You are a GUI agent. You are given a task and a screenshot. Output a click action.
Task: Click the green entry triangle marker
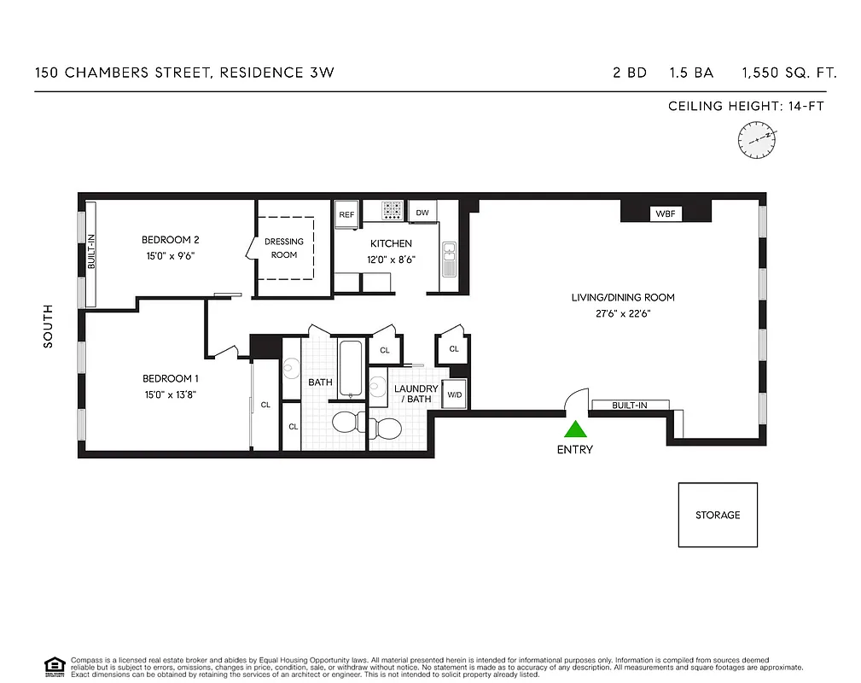click(576, 430)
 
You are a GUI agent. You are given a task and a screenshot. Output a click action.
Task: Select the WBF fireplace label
click(665, 213)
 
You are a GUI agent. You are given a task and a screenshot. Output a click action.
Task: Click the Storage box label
click(718, 515)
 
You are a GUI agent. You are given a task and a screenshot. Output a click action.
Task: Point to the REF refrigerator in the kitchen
click(346, 214)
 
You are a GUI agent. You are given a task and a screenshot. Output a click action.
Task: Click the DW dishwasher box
click(422, 213)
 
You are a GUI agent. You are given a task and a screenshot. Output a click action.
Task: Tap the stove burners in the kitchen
click(393, 211)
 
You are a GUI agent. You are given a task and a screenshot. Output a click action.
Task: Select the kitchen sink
click(449, 259)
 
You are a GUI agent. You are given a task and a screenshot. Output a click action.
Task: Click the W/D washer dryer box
click(455, 394)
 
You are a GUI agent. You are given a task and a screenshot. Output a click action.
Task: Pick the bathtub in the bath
click(352, 368)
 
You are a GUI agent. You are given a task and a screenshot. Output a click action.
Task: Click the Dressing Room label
click(284, 248)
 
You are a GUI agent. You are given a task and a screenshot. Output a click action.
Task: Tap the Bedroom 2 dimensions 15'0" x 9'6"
click(172, 255)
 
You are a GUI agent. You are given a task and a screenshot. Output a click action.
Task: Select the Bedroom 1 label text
click(171, 378)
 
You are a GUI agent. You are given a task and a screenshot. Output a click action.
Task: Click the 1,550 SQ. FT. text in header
click(789, 73)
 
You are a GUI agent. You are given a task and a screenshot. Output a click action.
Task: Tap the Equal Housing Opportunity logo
click(55, 666)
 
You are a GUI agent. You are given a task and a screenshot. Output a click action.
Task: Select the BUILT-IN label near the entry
click(630, 405)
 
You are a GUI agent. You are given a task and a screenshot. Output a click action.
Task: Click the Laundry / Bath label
click(416, 394)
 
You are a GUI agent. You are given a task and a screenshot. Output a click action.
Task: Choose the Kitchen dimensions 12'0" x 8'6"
click(391, 260)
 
